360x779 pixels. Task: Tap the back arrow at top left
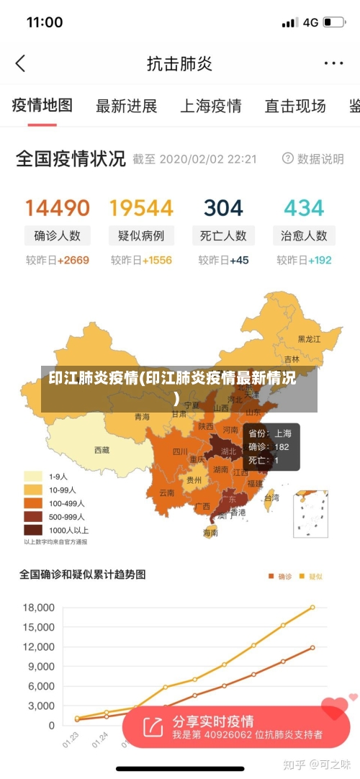click(20, 63)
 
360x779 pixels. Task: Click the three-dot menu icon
click(333, 63)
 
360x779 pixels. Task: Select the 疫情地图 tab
click(42, 106)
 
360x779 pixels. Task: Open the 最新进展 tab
click(127, 107)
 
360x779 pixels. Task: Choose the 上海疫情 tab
click(210, 107)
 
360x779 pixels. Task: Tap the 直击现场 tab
click(294, 107)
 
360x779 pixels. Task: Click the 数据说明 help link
click(313, 158)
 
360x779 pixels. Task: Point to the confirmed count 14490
click(58, 208)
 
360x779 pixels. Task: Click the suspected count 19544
click(141, 208)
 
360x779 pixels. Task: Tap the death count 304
click(223, 208)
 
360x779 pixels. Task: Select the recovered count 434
click(304, 208)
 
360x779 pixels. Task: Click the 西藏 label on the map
click(102, 450)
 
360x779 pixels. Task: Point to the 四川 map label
click(179, 452)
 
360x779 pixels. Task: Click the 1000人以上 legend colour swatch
click(33, 530)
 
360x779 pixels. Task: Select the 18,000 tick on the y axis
click(39, 608)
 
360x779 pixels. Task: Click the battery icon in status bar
click(334, 22)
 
